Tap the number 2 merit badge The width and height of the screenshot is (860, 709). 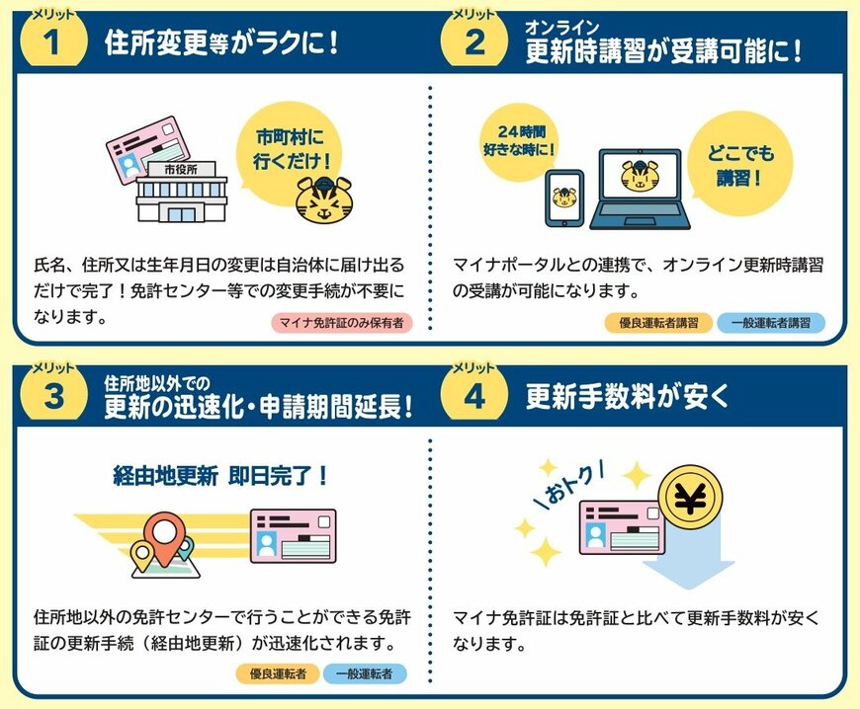pyautogui.click(x=474, y=42)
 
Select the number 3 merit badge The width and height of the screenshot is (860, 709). pyautogui.click(x=54, y=396)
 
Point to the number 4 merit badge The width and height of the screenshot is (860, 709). pyautogui.click(x=474, y=396)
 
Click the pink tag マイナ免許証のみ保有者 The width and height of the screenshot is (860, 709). pyautogui.click(x=341, y=323)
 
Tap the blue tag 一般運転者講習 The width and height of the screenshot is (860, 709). pyautogui.click(x=770, y=323)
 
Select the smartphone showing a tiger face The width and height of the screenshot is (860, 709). pyautogui.click(x=564, y=198)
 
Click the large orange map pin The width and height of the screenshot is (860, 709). pyautogui.click(x=159, y=536)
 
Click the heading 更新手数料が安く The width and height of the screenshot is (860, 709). pyautogui.click(x=628, y=397)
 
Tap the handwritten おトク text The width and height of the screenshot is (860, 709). pyautogui.click(x=573, y=480)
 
